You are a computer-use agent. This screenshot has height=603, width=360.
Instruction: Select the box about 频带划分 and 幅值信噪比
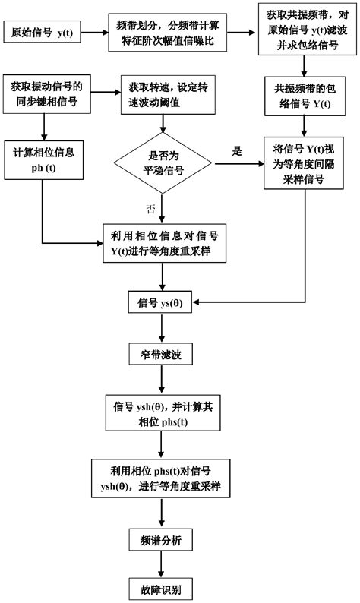(x=166, y=34)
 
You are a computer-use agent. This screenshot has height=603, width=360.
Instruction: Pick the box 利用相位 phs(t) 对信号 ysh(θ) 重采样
(x=161, y=476)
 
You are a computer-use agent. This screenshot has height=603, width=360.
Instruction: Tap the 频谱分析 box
(x=161, y=540)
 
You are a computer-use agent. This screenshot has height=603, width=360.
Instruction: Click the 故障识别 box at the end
(x=161, y=588)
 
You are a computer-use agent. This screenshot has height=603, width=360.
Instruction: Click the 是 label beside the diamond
(x=237, y=150)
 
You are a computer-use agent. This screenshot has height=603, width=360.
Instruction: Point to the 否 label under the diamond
(x=150, y=207)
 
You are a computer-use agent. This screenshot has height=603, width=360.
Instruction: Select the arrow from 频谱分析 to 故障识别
(x=161, y=564)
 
